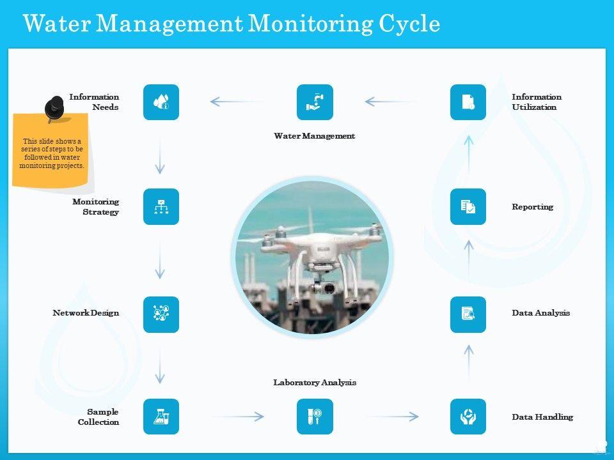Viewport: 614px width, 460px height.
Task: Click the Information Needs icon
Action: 161,102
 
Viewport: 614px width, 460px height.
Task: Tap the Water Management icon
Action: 315,102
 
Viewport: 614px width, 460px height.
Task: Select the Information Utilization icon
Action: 468,102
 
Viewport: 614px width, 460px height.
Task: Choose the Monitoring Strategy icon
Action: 161,206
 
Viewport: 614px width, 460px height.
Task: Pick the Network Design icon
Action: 161,314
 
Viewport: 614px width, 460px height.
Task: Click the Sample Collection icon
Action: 161,417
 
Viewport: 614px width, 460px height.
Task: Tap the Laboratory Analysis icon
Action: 315,417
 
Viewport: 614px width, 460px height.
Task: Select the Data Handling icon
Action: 468,417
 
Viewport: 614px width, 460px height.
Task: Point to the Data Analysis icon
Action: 468,314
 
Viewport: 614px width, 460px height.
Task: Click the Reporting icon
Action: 468,206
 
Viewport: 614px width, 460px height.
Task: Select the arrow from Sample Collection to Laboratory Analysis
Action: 238,417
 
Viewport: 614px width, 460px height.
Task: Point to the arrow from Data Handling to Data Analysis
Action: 469,362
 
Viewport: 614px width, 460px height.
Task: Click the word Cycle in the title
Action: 409,24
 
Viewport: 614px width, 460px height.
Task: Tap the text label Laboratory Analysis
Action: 315,383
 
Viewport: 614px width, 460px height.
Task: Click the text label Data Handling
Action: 542,417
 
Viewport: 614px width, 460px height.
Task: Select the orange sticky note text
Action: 51,153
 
